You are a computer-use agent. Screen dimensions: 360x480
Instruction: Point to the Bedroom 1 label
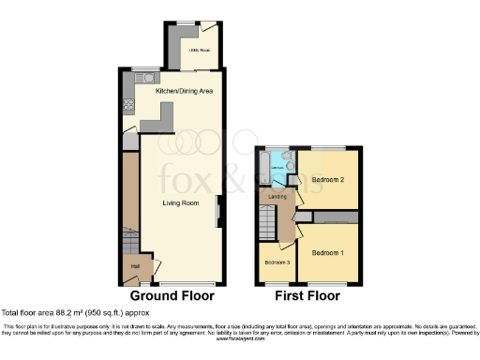(x=328, y=253)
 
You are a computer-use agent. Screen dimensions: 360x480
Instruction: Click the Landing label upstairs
(x=277, y=197)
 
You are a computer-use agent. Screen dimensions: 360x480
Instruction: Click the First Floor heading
(x=307, y=296)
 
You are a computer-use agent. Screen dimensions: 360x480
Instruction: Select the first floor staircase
(x=266, y=225)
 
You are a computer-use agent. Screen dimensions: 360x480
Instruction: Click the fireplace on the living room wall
(x=219, y=211)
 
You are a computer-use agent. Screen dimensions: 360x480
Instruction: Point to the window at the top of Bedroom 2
(x=329, y=148)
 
